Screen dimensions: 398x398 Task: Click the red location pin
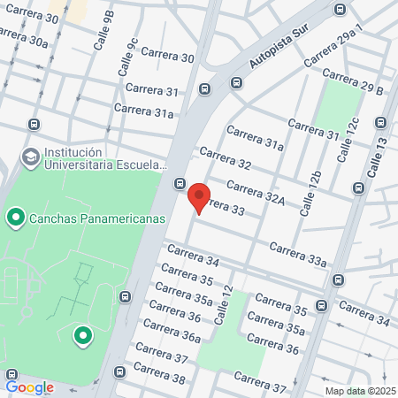click(x=199, y=197)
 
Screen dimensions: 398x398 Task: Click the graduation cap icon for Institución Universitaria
click(x=30, y=157)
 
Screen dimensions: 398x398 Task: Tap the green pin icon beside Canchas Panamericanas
click(x=16, y=216)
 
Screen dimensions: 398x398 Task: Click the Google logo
click(x=29, y=387)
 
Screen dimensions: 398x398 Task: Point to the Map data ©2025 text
click(x=359, y=391)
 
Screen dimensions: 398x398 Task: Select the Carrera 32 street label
click(x=226, y=158)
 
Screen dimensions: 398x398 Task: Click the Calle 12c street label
click(x=348, y=140)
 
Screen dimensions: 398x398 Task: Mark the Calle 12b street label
click(x=310, y=193)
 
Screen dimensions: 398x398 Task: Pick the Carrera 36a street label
click(x=172, y=332)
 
